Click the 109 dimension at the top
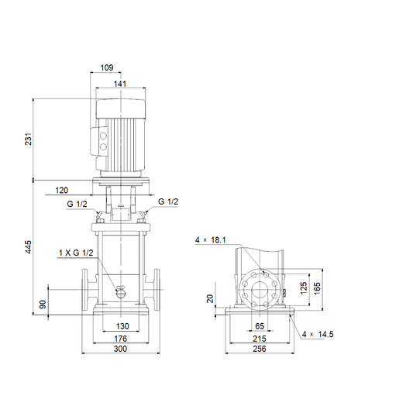[107, 67]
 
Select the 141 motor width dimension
[120, 84]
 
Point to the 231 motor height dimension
[28, 139]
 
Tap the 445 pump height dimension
[28, 247]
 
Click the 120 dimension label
[62, 190]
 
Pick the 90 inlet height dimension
[43, 305]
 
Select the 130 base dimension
[122, 326]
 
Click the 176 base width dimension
[120, 339]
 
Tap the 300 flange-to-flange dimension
[120, 349]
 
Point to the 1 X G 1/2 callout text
[76, 253]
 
